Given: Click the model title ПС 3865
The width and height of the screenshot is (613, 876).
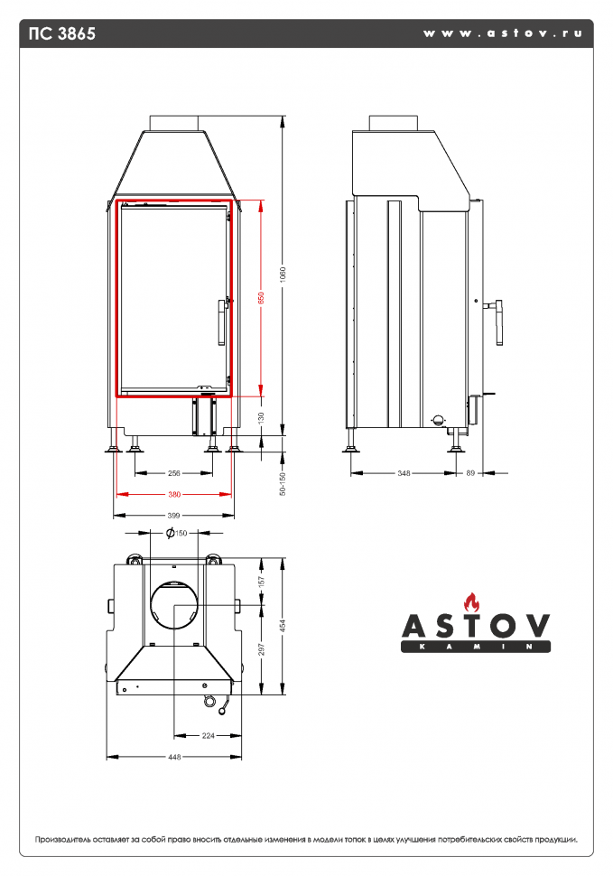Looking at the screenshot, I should pyautogui.click(x=62, y=34).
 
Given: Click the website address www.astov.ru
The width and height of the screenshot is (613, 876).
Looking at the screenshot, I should pyautogui.click(x=502, y=33).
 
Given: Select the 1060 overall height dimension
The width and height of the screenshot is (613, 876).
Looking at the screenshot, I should pyautogui.click(x=283, y=273).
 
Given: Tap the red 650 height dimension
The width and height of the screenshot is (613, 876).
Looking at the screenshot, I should pyautogui.click(x=261, y=297).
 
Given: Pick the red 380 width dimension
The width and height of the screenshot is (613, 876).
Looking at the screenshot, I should pyautogui.click(x=174, y=494).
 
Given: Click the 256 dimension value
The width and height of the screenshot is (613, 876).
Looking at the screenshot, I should pyautogui.click(x=174, y=472).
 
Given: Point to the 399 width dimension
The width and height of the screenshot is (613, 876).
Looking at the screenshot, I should pyautogui.click(x=174, y=515).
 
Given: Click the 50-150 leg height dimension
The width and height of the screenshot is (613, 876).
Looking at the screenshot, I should pyautogui.click(x=283, y=484).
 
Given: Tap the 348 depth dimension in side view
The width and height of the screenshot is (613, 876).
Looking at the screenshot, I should pyautogui.click(x=404, y=472).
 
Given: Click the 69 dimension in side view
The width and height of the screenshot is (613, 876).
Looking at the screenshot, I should pyautogui.click(x=470, y=472).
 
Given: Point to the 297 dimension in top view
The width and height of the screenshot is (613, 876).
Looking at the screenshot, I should pyautogui.click(x=261, y=650).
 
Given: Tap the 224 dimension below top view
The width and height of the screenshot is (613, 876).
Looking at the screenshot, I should pyautogui.click(x=209, y=735).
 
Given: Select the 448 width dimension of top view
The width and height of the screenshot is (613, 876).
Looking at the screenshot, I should pyautogui.click(x=174, y=757).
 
